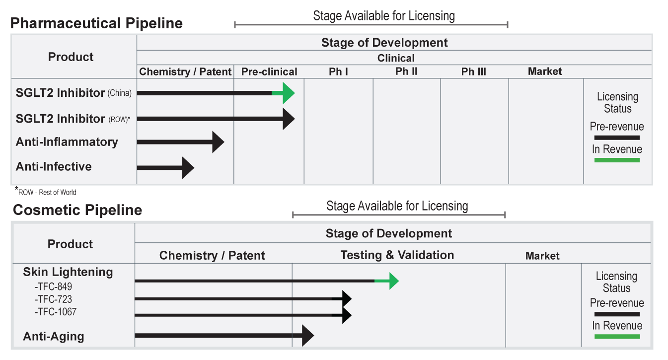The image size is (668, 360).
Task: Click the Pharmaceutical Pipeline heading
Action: (x=96, y=23)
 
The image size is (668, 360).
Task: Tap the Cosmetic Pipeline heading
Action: (x=77, y=210)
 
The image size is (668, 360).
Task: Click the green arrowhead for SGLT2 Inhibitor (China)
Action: (x=288, y=93)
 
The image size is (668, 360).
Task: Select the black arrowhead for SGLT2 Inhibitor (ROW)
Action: (x=288, y=119)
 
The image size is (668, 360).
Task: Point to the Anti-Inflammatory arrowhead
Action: (x=217, y=143)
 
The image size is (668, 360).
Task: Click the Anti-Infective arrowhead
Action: (x=187, y=167)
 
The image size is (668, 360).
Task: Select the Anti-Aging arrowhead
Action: (x=307, y=336)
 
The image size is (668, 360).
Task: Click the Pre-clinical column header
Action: (x=269, y=72)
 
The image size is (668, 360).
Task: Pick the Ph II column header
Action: (x=406, y=72)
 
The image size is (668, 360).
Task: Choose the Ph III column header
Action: (x=473, y=72)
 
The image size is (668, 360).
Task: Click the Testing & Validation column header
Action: (x=397, y=255)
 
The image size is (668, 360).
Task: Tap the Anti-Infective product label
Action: (x=54, y=166)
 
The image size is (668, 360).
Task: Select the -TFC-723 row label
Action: (x=53, y=299)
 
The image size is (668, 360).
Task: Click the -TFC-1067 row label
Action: (x=56, y=312)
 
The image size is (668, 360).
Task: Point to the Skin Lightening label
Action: (x=68, y=272)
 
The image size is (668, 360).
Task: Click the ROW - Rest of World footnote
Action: (x=46, y=192)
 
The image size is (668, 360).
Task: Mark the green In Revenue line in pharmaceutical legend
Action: (x=616, y=160)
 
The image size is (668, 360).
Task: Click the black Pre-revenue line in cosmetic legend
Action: (x=616, y=314)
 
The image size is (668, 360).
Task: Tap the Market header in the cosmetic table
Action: (x=542, y=256)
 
